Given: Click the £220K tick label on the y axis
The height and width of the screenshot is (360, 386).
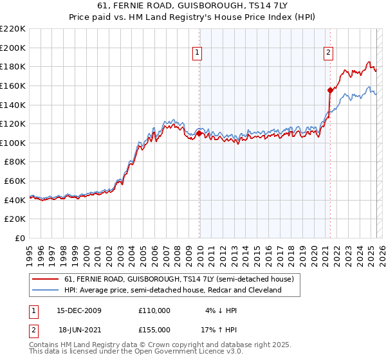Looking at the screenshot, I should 13,28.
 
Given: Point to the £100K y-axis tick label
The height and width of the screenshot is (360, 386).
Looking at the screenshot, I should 13,143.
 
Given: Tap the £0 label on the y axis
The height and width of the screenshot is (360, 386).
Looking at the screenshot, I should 20,238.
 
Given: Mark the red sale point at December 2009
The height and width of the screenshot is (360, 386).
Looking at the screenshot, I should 199,133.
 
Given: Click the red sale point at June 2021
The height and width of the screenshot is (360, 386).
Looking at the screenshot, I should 330,90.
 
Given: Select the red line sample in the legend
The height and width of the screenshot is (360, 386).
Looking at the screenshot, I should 46,279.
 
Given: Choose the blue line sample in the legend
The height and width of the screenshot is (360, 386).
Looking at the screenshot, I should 46,290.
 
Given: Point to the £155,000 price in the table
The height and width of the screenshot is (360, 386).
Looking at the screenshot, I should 154,329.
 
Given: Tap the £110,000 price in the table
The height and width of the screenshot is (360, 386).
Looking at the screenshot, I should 154,310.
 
